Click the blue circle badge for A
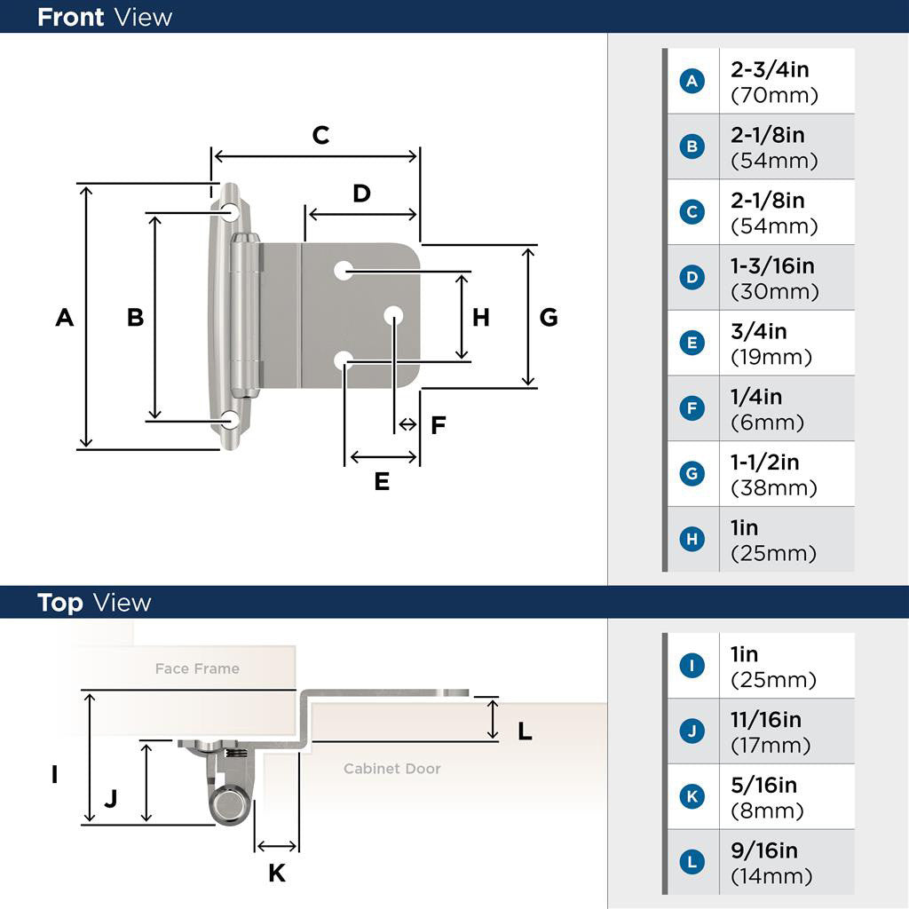pyautogui.click(x=692, y=81)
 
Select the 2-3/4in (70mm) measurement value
pyautogui.click(x=774, y=82)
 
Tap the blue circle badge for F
pyautogui.click(x=692, y=408)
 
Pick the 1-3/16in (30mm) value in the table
pyautogui.click(x=774, y=278)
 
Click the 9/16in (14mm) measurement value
pyautogui.click(x=771, y=863)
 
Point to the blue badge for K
pyautogui.click(x=692, y=797)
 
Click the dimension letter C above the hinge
pyautogui.click(x=320, y=135)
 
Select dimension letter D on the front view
pyautogui.click(x=361, y=194)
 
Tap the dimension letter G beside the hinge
pyautogui.click(x=549, y=317)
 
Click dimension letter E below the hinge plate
pyautogui.click(x=382, y=481)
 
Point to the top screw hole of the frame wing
pyautogui.click(x=231, y=212)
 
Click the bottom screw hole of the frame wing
pyautogui.click(x=231, y=421)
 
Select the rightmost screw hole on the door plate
pyautogui.click(x=393, y=315)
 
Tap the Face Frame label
pyautogui.click(x=197, y=668)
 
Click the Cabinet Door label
pyautogui.click(x=392, y=768)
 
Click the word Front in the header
pyautogui.click(x=70, y=17)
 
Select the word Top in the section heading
pyautogui.click(x=60, y=603)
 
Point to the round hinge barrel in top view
pyautogui.click(x=228, y=805)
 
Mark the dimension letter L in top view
pyautogui.click(x=525, y=731)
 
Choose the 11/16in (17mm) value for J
pyautogui.click(x=771, y=731)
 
